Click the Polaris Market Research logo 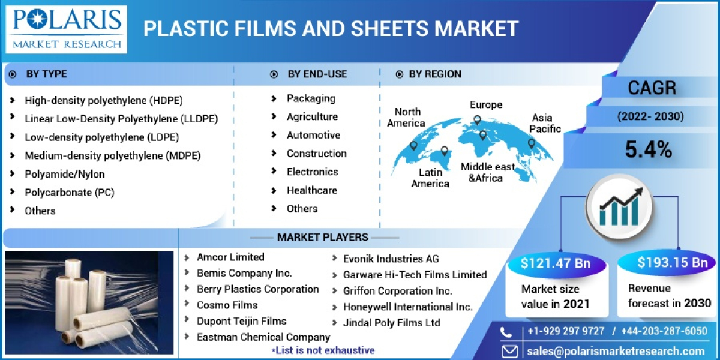click(x=67, y=29)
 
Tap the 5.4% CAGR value click(x=648, y=149)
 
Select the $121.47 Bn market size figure click(x=556, y=263)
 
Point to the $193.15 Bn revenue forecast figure click(x=673, y=262)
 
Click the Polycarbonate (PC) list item click(x=69, y=193)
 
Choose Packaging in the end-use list click(x=311, y=98)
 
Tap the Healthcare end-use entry click(x=311, y=190)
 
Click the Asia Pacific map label click(x=545, y=123)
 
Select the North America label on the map click(x=406, y=117)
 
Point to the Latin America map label click(x=430, y=178)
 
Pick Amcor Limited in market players click(x=230, y=257)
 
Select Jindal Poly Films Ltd click(x=391, y=323)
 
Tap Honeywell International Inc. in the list click(x=407, y=307)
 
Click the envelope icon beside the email click(x=509, y=351)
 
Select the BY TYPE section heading click(x=46, y=74)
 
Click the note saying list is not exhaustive click(x=323, y=350)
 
